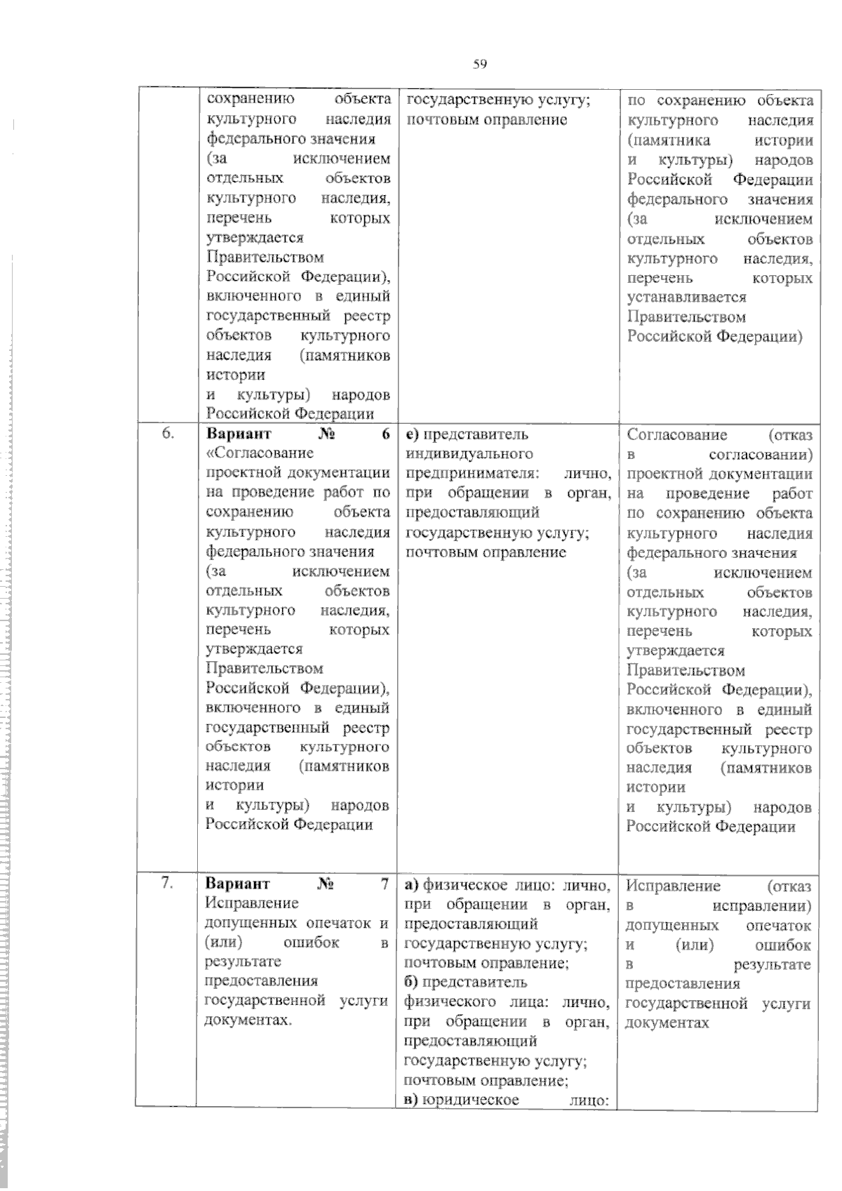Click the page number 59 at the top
tap(480, 65)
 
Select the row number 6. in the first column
tap(168, 433)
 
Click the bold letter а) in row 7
tap(412, 884)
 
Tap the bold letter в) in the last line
tap(412, 1099)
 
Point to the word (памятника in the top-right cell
tap(669, 140)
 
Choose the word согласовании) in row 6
tap(761, 455)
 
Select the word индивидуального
tap(469, 454)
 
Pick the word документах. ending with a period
tap(248, 1020)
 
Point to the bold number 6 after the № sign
tap(385, 434)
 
